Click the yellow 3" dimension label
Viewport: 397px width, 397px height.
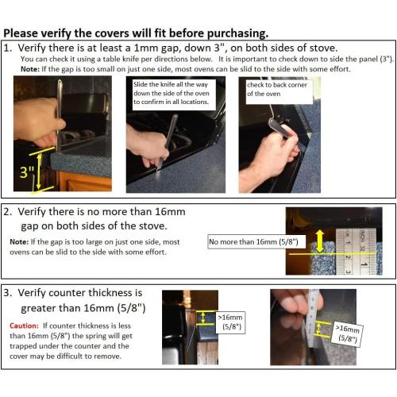pyautogui.click(x=26, y=172)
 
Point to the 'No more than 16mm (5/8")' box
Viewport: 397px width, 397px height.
pyautogui.click(x=247, y=242)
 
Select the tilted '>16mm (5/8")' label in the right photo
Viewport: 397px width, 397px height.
pyautogui.click(x=347, y=333)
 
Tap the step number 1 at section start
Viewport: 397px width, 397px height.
pyautogui.click(x=8, y=48)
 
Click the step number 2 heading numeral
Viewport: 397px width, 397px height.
pyautogui.click(x=8, y=212)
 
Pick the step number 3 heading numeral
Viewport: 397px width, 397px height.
pyautogui.click(x=8, y=292)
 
